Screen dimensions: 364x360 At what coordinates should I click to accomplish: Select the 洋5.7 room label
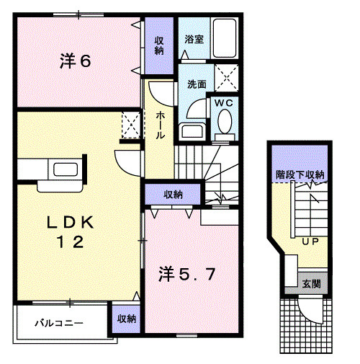click(185, 274)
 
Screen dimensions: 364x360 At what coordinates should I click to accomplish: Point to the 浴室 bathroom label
click(193, 39)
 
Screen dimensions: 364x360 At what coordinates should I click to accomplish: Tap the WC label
click(222, 103)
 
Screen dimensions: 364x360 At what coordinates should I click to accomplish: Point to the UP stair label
click(311, 241)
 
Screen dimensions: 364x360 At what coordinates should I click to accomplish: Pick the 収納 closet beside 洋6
click(158, 44)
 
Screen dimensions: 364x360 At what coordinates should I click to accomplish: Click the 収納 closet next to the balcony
click(126, 319)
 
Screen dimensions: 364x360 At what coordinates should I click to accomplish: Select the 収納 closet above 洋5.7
click(171, 194)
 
